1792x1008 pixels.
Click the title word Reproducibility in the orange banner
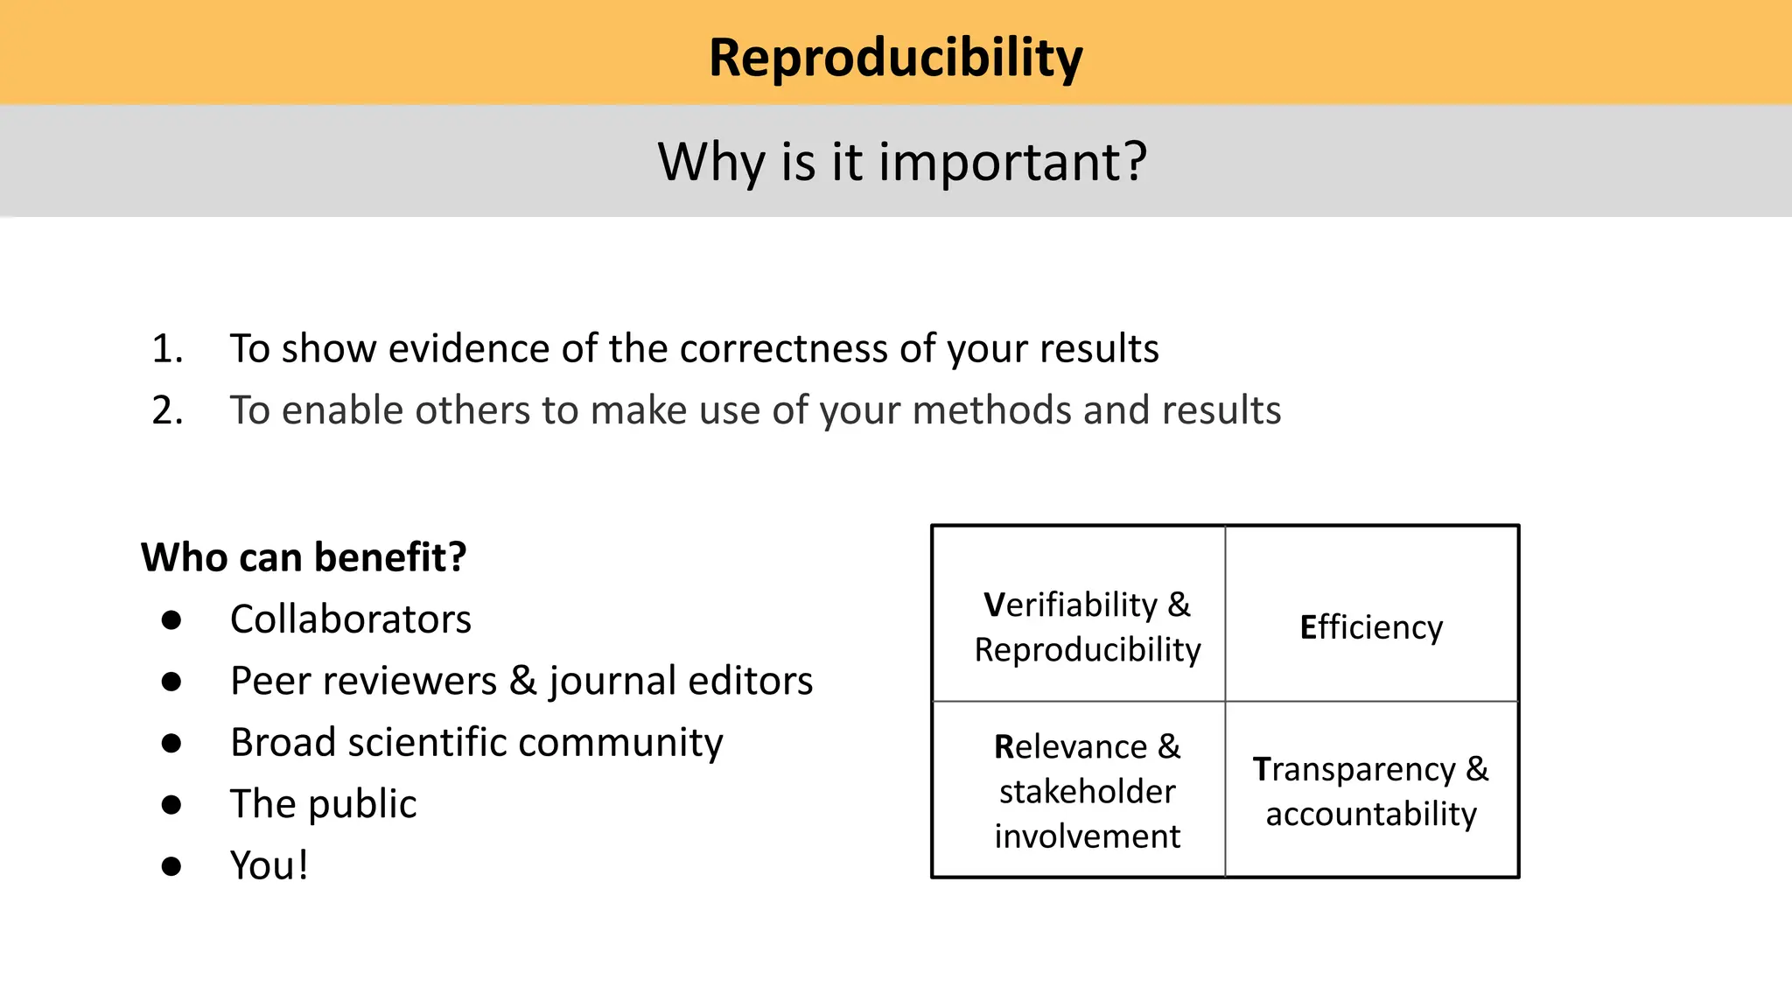(x=895, y=58)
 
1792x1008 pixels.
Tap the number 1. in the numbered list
(x=167, y=348)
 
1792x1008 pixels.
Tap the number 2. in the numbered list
(x=167, y=410)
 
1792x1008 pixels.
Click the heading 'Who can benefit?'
(x=304, y=557)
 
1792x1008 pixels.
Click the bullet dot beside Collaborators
(x=171, y=620)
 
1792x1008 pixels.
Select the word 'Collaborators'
(x=350, y=619)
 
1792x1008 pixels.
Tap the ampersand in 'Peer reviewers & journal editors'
(x=522, y=681)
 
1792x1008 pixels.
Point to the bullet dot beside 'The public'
(x=171, y=805)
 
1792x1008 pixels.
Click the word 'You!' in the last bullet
(x=269, y=865)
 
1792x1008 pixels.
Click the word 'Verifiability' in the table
(x=1070, y=605)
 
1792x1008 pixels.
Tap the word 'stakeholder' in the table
(x=1087, y=792)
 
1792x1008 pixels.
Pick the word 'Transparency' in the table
(x=1354, y=769)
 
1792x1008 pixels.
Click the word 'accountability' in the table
(x=1371, y=814)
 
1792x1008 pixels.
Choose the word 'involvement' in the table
(x=1087, y=836)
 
